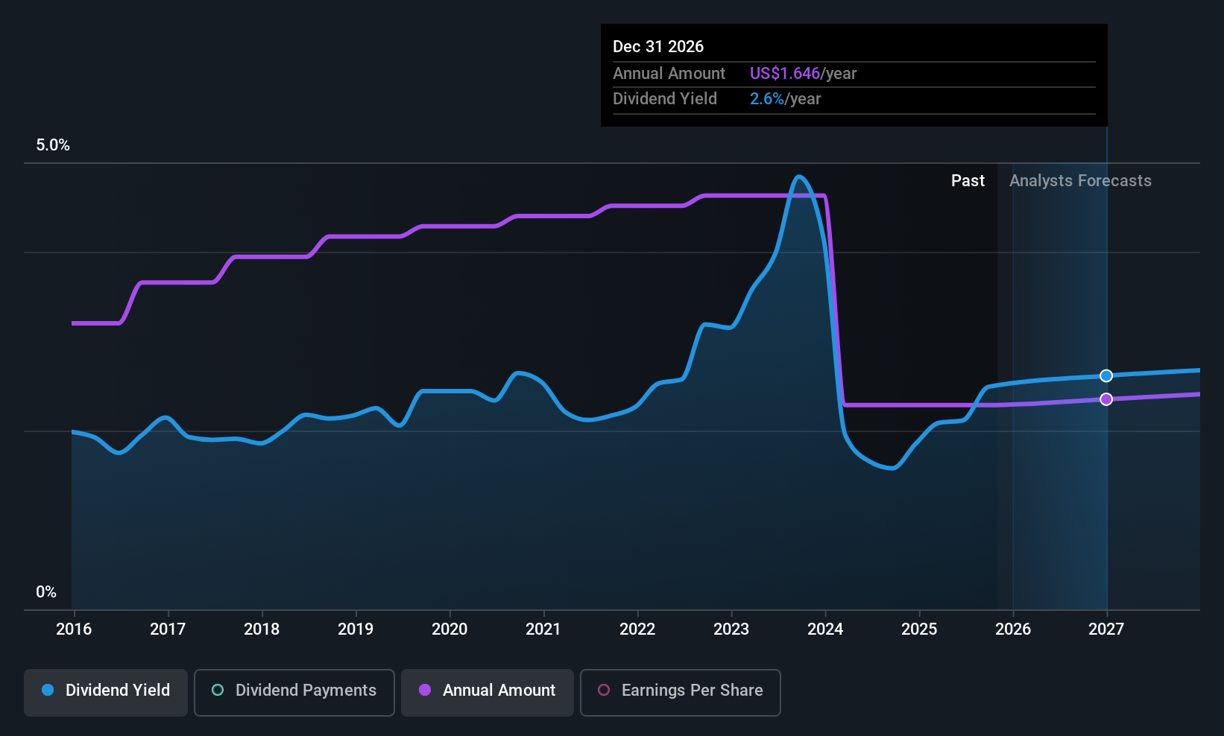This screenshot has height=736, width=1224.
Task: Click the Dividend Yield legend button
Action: point(105,692)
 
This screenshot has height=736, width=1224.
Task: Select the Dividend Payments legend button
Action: point(294,692)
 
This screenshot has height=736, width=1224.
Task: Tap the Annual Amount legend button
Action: point(488,692)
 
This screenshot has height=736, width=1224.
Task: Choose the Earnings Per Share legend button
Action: point(681,692)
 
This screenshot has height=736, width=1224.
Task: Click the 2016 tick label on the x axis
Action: point(74,629)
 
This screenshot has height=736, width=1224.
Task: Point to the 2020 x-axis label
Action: point(449,629)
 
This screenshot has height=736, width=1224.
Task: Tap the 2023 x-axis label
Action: point(731,629)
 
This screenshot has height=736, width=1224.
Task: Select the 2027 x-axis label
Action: point(1106,629)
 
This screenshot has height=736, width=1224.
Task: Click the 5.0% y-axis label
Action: point(53,145)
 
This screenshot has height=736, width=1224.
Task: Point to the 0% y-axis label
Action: point(46,592)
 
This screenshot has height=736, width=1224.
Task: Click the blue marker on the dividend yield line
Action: point(1106,375)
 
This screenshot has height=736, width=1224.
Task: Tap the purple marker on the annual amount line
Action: point(1106,399)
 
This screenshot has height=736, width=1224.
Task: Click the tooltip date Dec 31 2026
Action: point(658,47)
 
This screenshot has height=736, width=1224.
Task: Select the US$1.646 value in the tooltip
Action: point(785,73)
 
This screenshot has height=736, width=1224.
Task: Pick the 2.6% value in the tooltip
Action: point(766,99)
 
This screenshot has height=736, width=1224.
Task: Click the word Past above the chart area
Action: point(968,181)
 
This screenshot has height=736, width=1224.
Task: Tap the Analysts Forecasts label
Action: point(1080,181)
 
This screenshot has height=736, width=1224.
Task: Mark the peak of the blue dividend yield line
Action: point(799,177)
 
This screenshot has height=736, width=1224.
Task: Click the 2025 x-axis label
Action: point(919,629)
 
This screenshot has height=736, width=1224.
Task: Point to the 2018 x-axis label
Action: point(262,629)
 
